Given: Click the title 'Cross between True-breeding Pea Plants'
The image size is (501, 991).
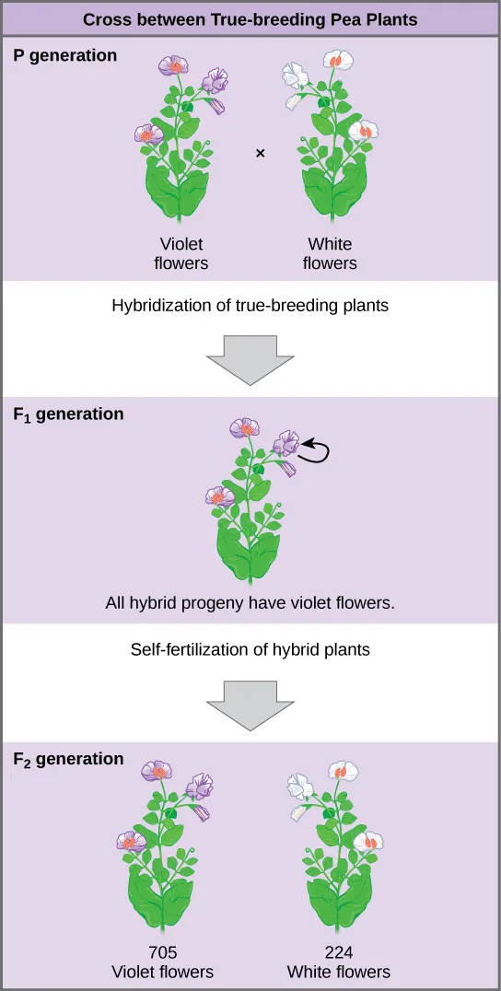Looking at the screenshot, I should [250, 19].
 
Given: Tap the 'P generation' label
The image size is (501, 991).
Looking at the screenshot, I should [65, 55].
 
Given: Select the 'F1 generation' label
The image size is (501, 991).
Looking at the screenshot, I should [68, 414].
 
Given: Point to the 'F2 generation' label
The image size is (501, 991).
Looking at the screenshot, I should [68, 760].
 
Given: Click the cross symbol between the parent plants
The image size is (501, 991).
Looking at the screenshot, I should [260, 153].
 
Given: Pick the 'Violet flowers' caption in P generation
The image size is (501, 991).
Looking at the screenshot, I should [182, 253].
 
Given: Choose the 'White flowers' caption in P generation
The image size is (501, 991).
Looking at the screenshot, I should [330, 253].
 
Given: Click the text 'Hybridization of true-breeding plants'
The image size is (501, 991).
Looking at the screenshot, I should [250, 306].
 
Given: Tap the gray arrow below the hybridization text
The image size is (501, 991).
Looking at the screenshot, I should [250, 358].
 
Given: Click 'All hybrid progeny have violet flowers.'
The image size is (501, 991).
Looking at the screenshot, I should [250, 604].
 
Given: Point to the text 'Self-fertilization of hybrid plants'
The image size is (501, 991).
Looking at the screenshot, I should [250, 649].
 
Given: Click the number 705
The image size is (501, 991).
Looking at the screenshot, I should [162, 953].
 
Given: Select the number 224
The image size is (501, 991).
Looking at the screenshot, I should [338, 953].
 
